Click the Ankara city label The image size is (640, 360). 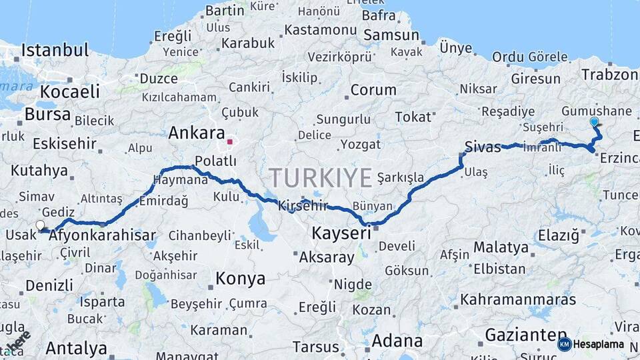coord(196,132)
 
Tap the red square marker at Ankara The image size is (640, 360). coord(230,141)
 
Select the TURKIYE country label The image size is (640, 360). coord(320,178)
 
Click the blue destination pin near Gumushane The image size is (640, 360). coord(594,122)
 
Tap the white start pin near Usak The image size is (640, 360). coord(41,226)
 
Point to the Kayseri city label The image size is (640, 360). coord(341,233)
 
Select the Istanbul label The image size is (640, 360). coord(55,50)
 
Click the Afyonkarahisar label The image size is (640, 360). coord(103,235)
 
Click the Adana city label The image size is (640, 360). coord(397,341)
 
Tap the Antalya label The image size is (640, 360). coord(77,349)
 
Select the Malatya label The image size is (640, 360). coord(501,247)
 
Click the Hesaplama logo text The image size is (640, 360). coord(599,345)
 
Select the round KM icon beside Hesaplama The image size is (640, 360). coord(564,344)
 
